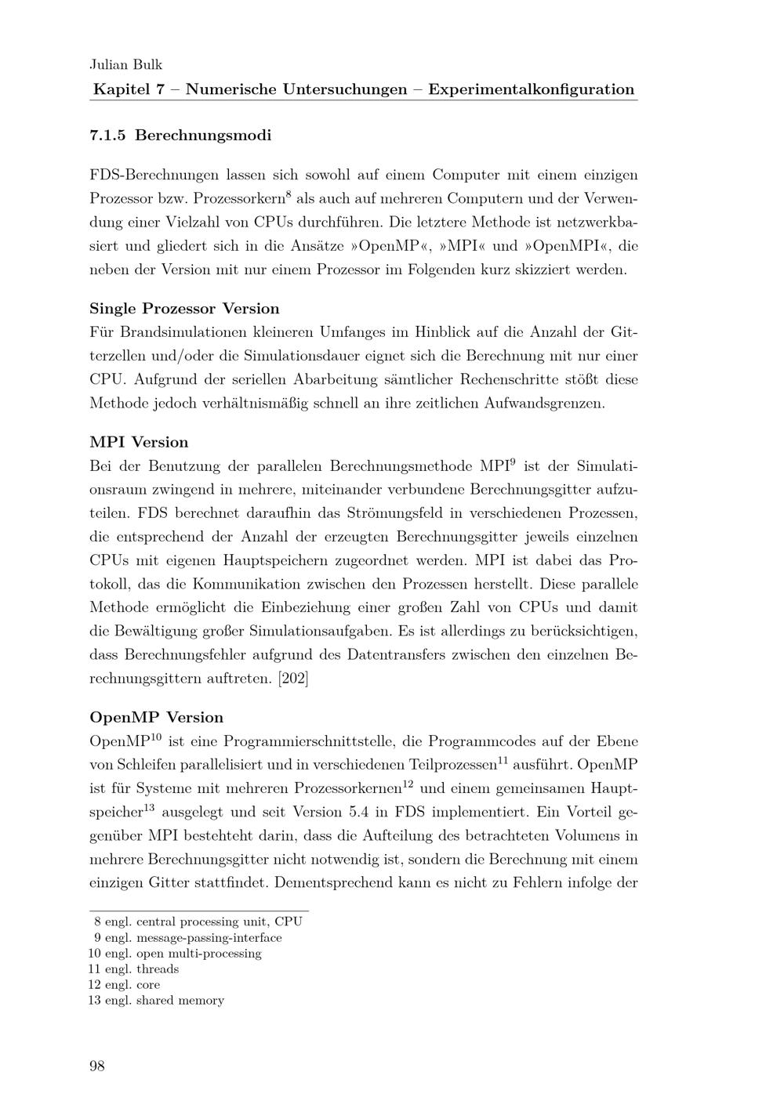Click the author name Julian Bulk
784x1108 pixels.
[x=126, y=65]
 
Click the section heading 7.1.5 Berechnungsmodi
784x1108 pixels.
[x=180, y=136]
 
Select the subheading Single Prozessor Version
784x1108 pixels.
[x=184, y=309]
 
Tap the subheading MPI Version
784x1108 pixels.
[x=139, y=443]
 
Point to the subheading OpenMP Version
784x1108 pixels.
[x=156, y=718]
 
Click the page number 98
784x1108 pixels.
[x=97, y=1066]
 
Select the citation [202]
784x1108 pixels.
[x=293, y=679]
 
